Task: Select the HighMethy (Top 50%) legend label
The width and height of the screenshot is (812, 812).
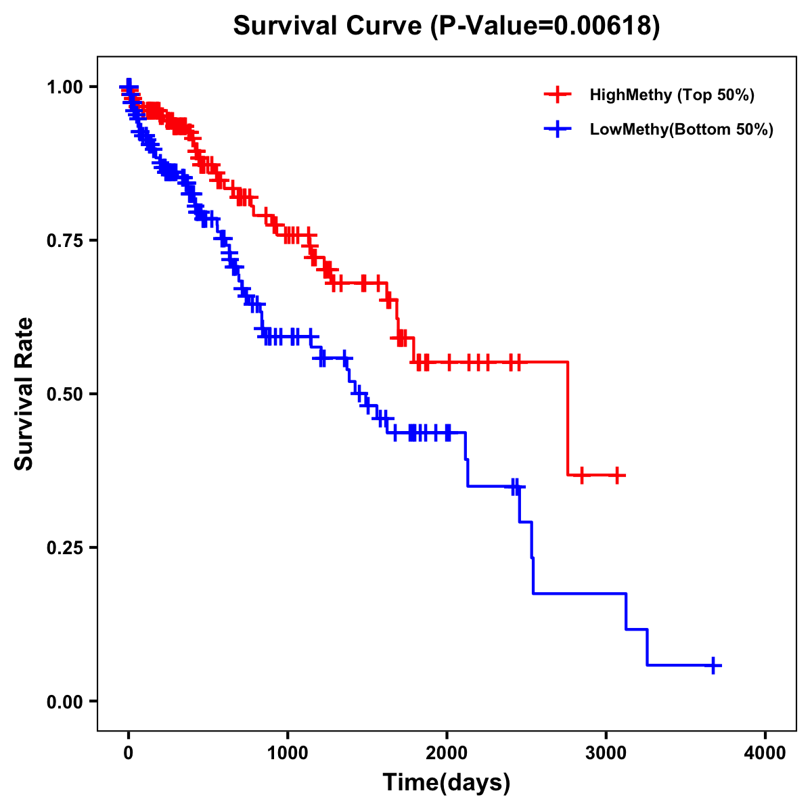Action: [x=671, y=95]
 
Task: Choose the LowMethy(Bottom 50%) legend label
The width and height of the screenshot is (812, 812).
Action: [x=681, y=129]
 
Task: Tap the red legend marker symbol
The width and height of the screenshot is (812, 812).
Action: [x=558, y=95]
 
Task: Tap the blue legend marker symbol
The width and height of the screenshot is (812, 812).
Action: [x=558, y=129]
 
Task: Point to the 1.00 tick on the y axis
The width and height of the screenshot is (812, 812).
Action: [x=64, y=87]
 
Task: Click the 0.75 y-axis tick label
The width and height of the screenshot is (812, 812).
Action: [x=64, y=240]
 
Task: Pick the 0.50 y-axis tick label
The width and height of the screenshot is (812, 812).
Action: [x=64, y=394]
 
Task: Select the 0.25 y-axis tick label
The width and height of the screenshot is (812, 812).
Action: [x=64, y=547]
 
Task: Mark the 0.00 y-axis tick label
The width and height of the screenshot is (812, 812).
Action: [x=64, y=701]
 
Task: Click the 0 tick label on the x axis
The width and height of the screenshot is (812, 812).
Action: [x=129, y=753]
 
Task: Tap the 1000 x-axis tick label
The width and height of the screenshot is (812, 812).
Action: [x=288, y=753]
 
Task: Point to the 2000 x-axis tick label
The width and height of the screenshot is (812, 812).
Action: [x=447, y=753]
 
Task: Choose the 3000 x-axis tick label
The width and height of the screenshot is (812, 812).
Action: [x=606, y=753]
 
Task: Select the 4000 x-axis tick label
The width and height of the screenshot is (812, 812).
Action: [x=765, y=753]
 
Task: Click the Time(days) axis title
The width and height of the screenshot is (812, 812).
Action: [x=447, y=783]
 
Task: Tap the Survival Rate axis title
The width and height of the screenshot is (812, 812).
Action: [x=24, y=394]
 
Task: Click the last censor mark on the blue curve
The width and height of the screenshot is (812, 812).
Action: [x=713, y=665]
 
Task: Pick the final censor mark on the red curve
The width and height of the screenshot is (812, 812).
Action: [x=616, y=475]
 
